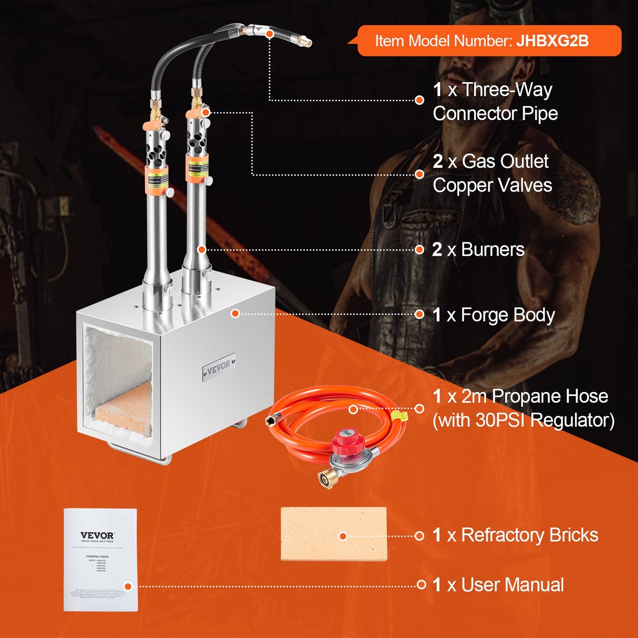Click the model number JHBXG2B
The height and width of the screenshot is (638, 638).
[552, 41]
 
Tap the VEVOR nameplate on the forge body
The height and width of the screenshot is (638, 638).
[219, 366]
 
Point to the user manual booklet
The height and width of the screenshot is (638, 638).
[101, 560]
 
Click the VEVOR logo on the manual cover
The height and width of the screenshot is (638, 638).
[97, 535]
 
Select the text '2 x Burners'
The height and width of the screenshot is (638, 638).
[478, 250]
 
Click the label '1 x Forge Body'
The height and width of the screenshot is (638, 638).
[493, 315]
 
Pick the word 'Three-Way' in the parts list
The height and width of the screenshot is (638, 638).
[507, 90]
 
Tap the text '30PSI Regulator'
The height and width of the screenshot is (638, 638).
[523, 420]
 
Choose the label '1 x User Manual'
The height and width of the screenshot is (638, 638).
[498, 585]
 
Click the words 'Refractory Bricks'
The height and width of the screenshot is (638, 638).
[529, 535]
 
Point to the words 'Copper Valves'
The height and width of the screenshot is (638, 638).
[492, 185]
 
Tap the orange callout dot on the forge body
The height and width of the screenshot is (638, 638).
[235, 313]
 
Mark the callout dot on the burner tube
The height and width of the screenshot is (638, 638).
[201, 250]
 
